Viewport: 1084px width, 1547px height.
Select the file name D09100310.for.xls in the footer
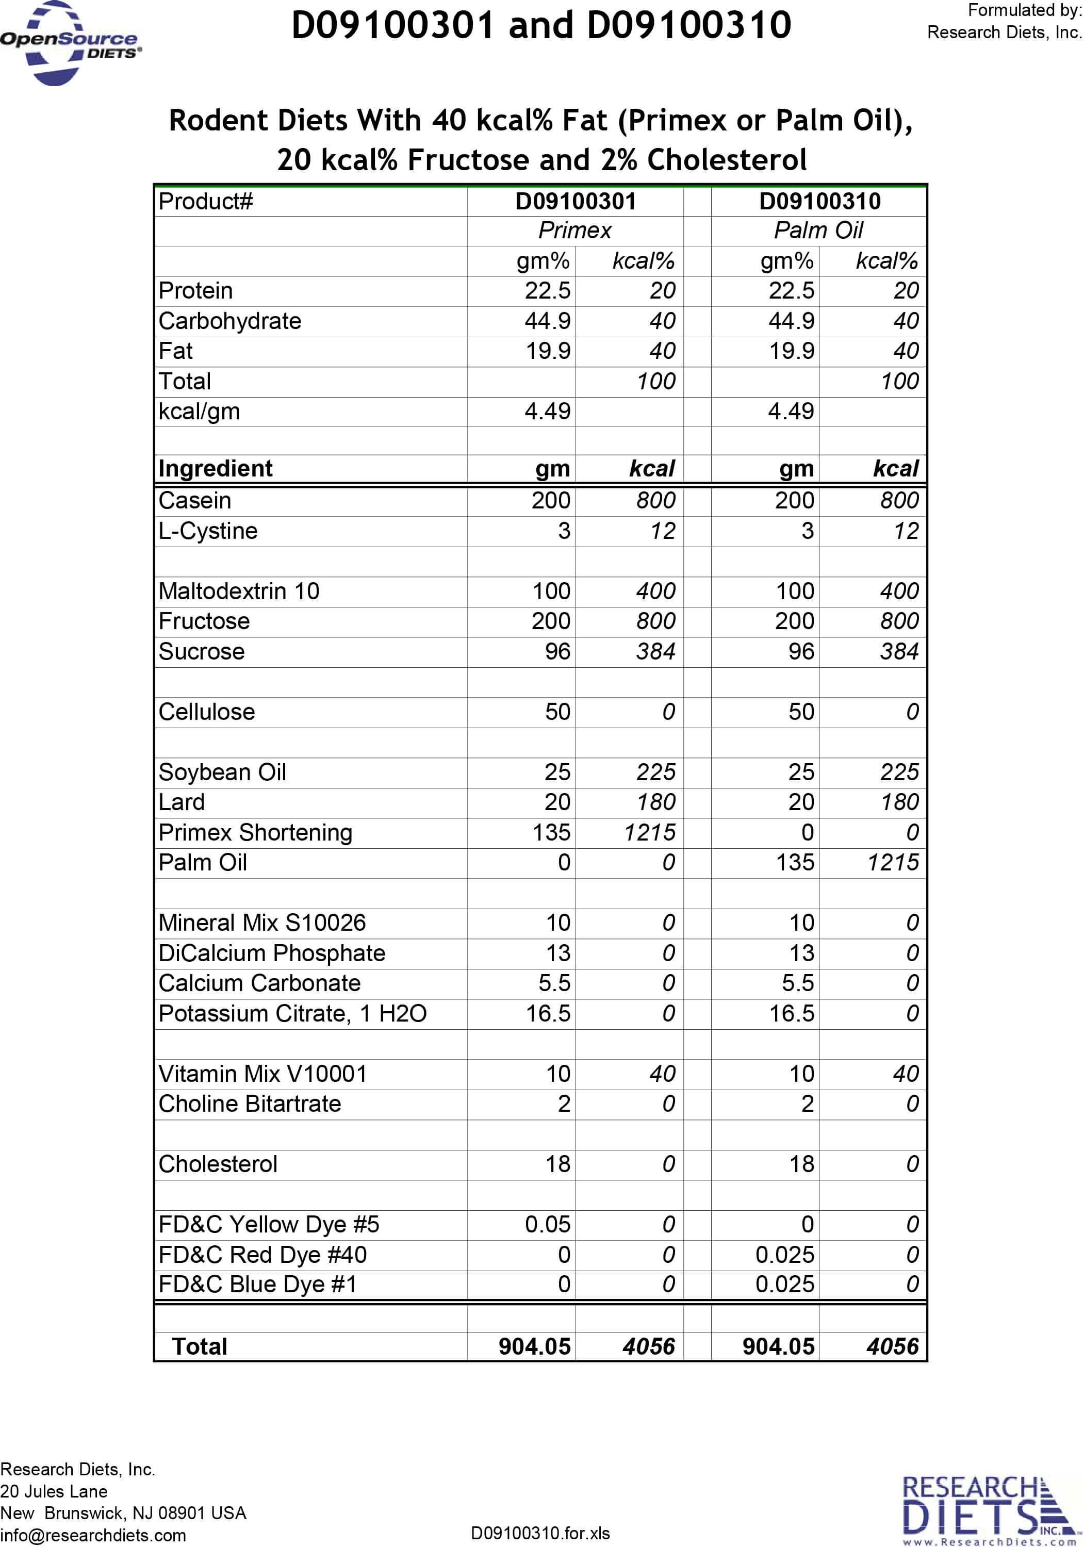(540, 1533)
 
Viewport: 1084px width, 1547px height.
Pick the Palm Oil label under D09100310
(818, 231)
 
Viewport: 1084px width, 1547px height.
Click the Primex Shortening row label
(255, 833)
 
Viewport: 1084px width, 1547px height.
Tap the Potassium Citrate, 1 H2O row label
(292, 1013)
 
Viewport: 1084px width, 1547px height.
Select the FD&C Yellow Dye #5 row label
(269, 1224)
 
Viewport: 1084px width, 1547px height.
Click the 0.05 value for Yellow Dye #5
(547, 1224)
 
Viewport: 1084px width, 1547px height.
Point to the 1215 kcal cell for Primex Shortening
(649, 833)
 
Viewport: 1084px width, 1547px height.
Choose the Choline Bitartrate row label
(250, 1104)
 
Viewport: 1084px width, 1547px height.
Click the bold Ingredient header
(216, 468)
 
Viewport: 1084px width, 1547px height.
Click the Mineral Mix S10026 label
(262, 923)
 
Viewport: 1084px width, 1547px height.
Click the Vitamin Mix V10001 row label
(262, 1073)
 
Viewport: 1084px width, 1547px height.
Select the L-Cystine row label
(208, 531)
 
